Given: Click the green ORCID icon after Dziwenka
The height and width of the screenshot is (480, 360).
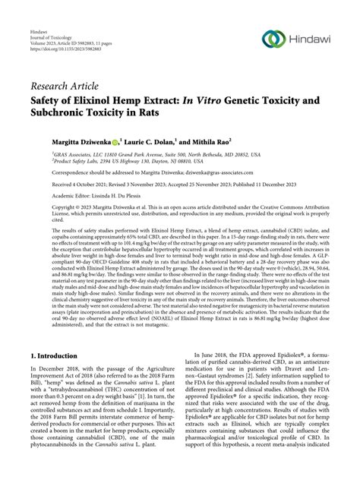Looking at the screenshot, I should pos(115,142).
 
